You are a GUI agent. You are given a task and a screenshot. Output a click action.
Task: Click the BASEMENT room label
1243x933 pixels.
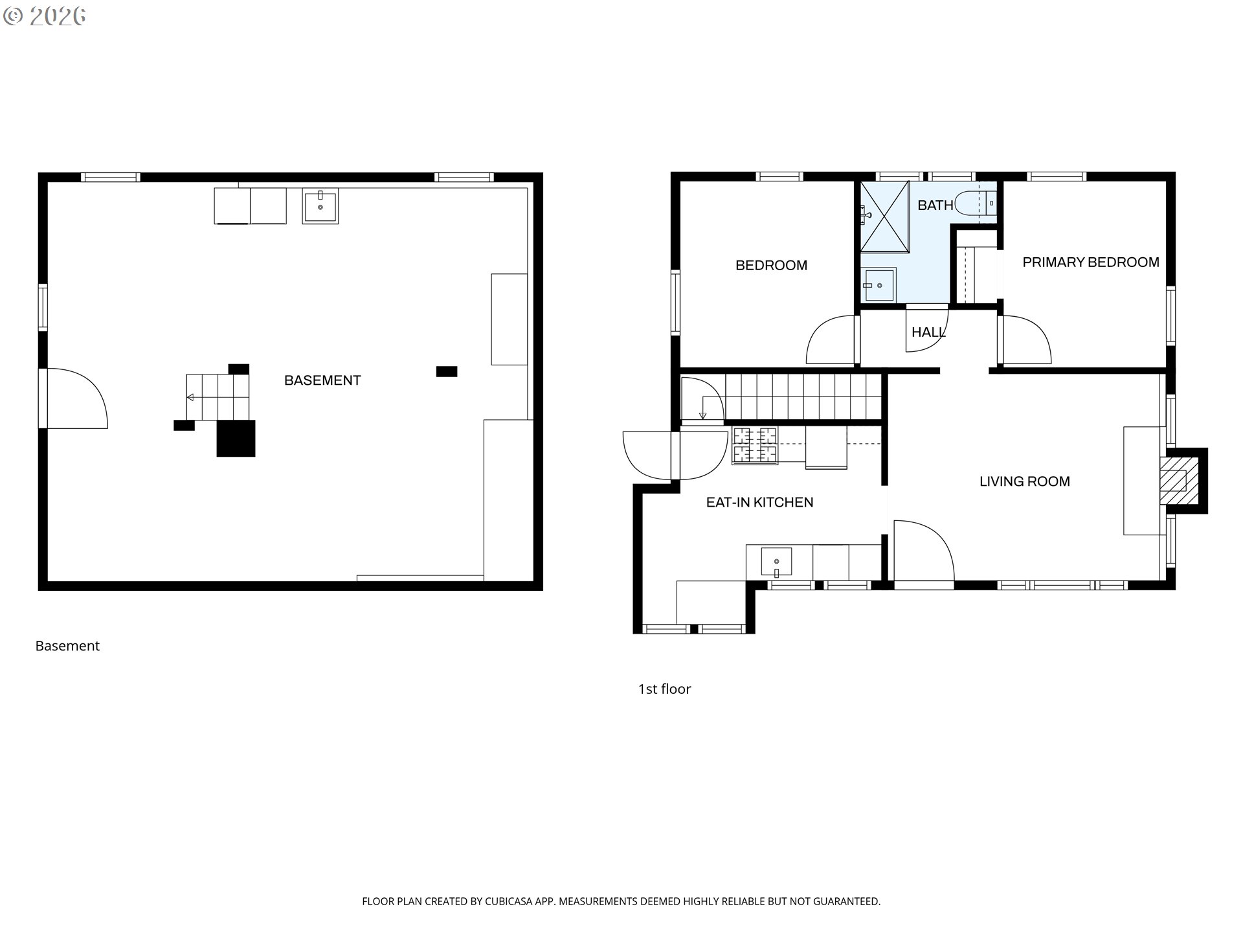pyautogui.click(x=322, y=380)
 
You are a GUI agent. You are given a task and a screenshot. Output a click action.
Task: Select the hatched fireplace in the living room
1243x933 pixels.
pyautogui.click(x=1174, y=481)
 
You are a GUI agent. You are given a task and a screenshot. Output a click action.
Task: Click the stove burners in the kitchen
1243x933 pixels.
pyautogui.click(x=754, y=445)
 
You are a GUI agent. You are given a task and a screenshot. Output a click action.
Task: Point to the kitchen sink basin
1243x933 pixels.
pyautogui.click(x=776, y=562)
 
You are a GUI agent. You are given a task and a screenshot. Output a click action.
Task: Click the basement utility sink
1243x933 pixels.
pyautogui.click(x=320, y=206)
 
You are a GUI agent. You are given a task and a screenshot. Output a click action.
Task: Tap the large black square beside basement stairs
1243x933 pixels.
pyautogui.click(x=236, y=439)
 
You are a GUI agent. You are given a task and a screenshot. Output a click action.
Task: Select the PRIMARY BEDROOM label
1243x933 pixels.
pyautogui.click(x=1090, y=262)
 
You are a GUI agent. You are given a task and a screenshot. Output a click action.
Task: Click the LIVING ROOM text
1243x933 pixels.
pyautogui.click(x=1024, y=481)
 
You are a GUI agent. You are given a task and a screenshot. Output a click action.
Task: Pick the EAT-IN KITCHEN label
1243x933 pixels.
pyautogui.click(x=759, y=502)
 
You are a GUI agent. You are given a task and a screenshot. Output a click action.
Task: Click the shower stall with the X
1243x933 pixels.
pyautogui.click(x=884, y=216)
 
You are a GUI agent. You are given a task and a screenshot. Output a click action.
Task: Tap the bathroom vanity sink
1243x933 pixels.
pyautogui.click(x=879, y=285)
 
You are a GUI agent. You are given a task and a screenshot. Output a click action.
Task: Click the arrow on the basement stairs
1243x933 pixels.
pyautogui.click(x=190, y=397)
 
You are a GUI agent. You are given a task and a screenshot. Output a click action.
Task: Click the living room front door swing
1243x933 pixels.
pyautogui.click(x=923, y=551)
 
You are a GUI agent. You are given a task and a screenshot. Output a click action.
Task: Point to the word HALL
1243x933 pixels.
pyautogui.click(x=928, y=332)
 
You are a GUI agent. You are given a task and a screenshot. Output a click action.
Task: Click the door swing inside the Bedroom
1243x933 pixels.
pyautogui.click(x=831, y=340)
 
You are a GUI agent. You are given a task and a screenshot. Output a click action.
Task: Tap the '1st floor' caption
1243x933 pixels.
pyautogui.click(x=664, y=689)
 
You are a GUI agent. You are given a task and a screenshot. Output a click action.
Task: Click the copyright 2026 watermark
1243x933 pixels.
pyautogui.click(x=45, y=16)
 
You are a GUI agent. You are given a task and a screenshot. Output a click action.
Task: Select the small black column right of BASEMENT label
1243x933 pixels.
pyautogui.click(x=447, y=371)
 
